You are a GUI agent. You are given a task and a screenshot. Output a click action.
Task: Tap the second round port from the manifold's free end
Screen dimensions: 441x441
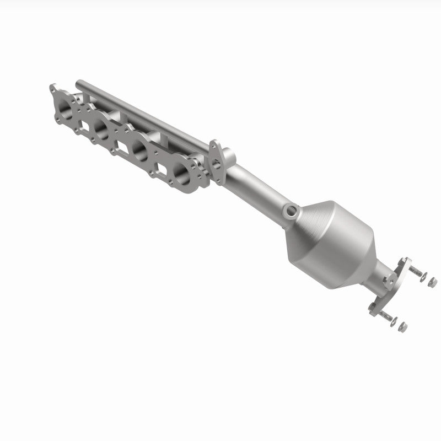click(x=103, y=128)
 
